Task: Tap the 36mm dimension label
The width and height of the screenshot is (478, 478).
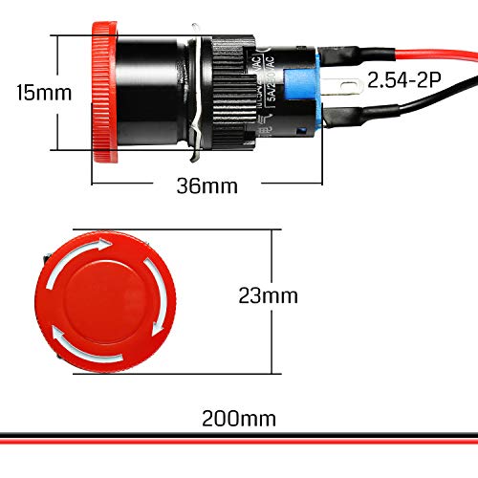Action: [206, 185]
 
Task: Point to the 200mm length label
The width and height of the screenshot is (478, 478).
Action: [239, 417]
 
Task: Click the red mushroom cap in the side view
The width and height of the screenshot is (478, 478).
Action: [102, 93]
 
